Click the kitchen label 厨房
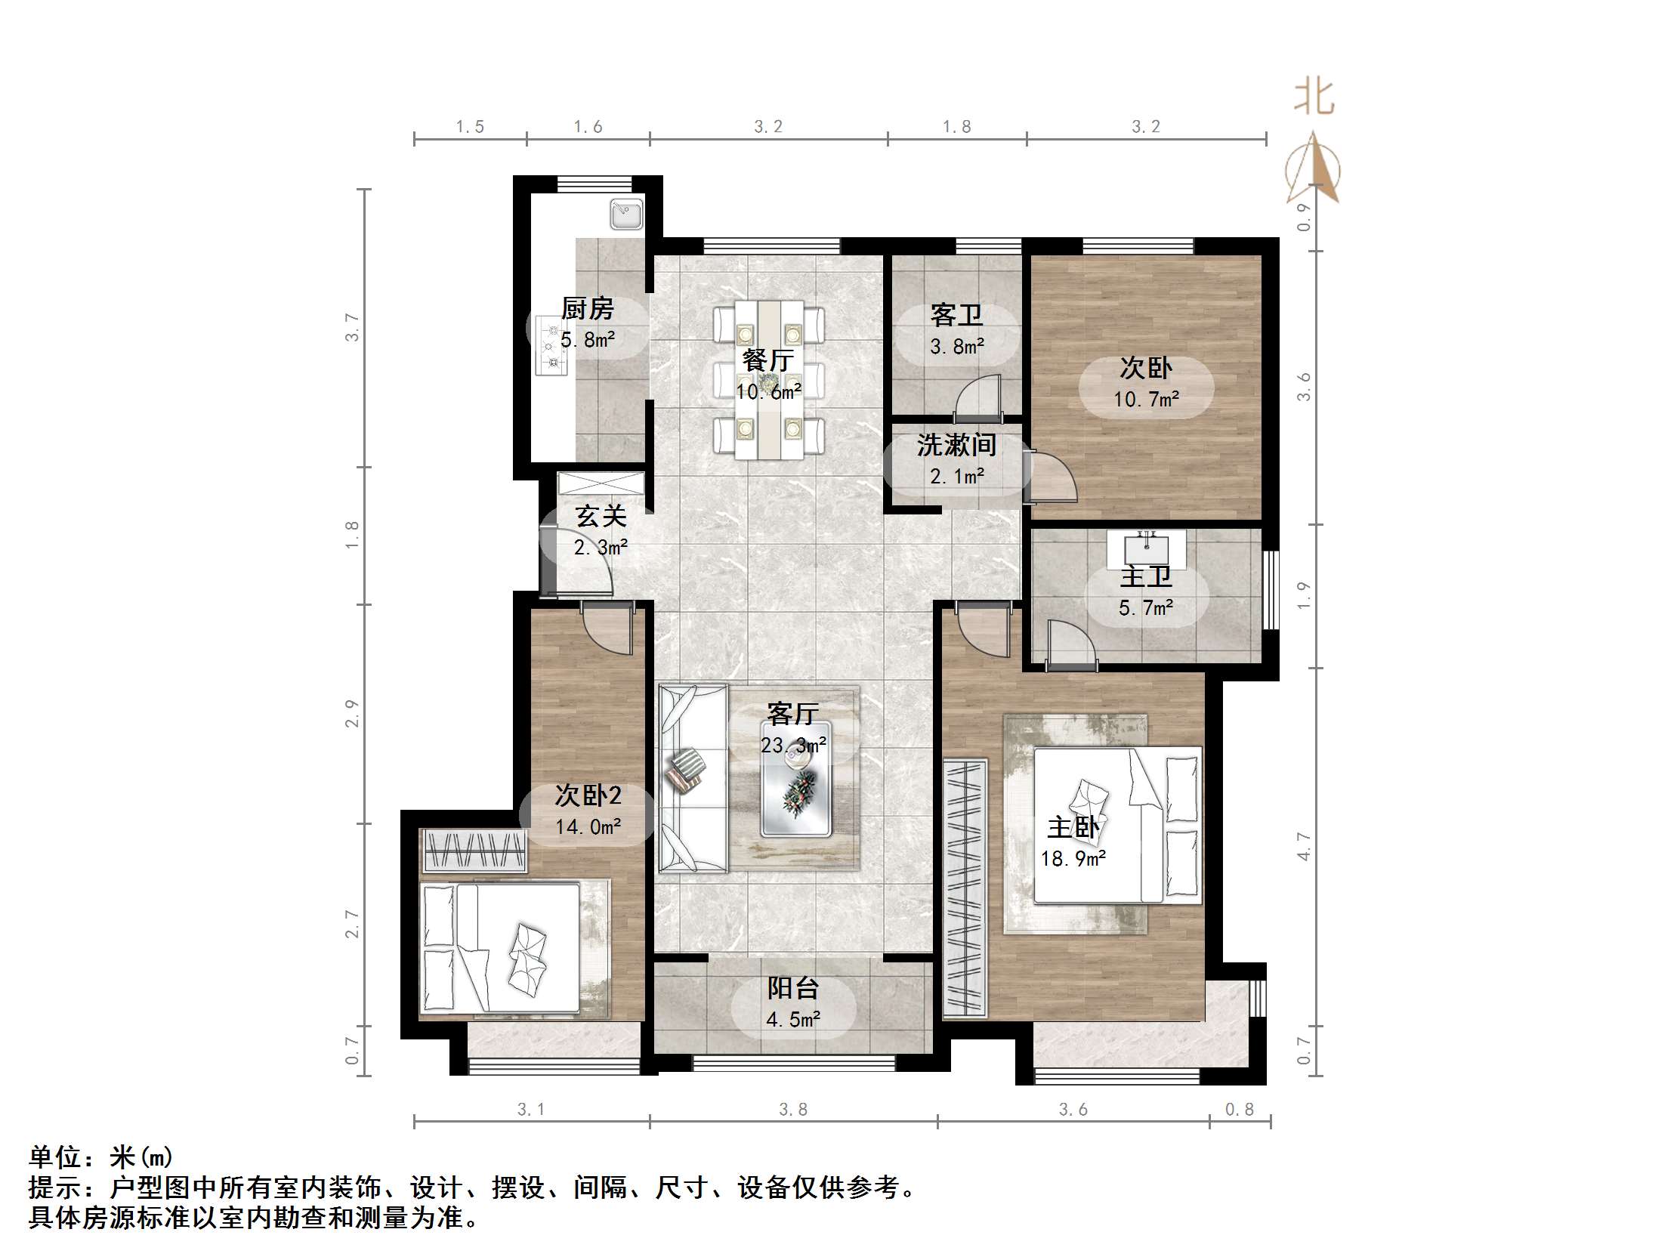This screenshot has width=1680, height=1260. (x=587, y=309)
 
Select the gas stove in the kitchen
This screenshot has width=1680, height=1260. (x=551, y=345)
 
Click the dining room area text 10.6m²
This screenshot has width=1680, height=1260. (x=768, y=392)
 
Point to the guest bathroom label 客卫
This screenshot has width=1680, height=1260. (x=956, y=315)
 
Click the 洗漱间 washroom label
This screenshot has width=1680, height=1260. (x=956, y=445)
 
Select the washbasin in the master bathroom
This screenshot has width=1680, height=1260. (x=1146, y=548)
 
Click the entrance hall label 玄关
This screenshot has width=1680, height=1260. (x=601, y=517)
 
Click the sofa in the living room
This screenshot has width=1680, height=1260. (x=693, y=780)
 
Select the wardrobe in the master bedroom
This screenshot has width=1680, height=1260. (x=965, y=887)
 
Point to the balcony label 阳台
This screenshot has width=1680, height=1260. (x=793, y=988)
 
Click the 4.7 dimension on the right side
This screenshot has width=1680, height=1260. (x=1303, y=846)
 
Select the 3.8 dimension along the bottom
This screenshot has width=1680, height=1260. (x=793, y=1110)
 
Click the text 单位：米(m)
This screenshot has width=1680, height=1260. (x=101, y=1157)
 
